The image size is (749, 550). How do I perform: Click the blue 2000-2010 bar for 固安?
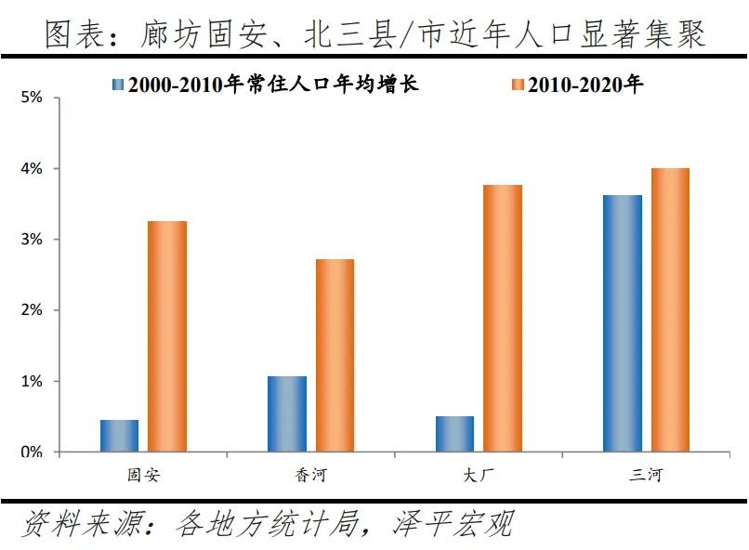click(119, 436)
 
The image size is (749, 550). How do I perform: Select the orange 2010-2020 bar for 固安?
click(167, 336)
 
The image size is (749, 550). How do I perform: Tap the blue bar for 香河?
click(286, 413)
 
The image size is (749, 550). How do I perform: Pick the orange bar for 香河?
click(335, 356)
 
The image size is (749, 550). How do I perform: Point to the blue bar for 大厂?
click(454, 434)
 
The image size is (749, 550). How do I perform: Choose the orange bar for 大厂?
click(503, 319)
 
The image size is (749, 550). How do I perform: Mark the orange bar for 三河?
click(670, 310)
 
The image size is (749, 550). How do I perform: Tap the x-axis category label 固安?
click(143, 476)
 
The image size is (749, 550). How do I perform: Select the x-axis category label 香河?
click(310, 476)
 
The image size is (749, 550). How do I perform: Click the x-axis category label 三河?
click(646, 476)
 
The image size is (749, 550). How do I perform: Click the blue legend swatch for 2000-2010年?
click(118, 85)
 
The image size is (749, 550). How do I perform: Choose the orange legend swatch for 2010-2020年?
click(518, 85)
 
